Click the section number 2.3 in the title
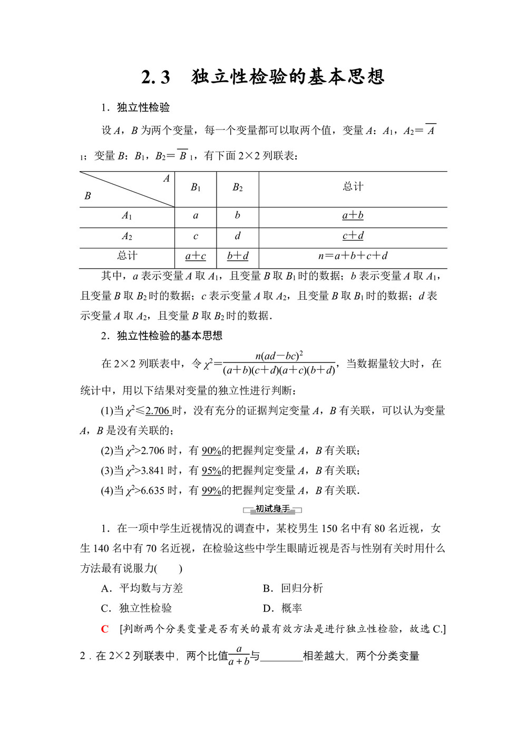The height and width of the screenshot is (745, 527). (156, 77)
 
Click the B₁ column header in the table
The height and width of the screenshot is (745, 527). (196, 188)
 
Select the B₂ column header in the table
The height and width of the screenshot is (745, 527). (238, 188)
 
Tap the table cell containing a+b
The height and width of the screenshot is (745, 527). (353, 215)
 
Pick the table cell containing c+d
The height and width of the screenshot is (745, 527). (353, 236)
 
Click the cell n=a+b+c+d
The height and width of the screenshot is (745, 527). (353, 256)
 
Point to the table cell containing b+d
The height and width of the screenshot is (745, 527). (238, 257)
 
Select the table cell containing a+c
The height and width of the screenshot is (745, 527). (196, 257)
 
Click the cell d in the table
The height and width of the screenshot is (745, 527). (238, 236)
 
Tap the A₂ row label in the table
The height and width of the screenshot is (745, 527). (127, 237)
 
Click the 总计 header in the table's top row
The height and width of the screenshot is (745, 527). (353, 187)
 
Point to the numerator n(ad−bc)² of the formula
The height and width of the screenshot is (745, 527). (279, 356)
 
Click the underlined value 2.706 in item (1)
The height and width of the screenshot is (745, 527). (157, 411)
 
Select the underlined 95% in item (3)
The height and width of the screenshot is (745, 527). (211, 471)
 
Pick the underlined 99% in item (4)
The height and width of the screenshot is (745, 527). (211, 491)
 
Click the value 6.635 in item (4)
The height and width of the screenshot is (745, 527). (153, 491)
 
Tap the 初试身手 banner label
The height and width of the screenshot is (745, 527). (272, 509)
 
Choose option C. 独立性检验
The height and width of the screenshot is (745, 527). (136, 609)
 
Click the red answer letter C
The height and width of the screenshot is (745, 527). (105, 629)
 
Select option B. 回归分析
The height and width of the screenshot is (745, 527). (293, 589)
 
